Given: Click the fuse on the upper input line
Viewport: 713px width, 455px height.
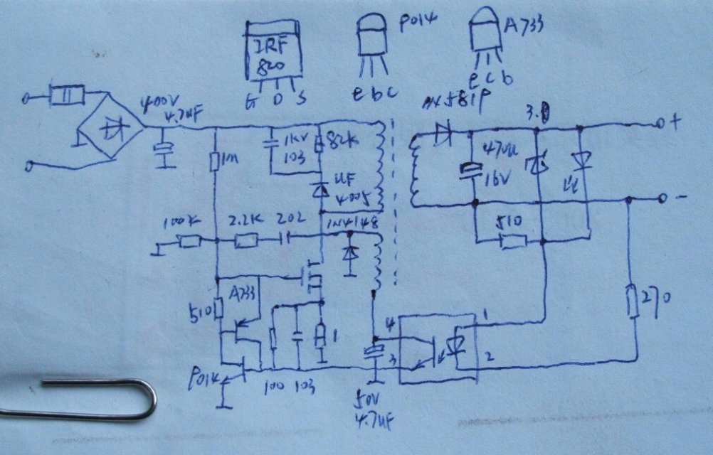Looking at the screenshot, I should coord(67,94).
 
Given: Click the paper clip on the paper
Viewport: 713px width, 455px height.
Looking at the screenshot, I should coord(78,398).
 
